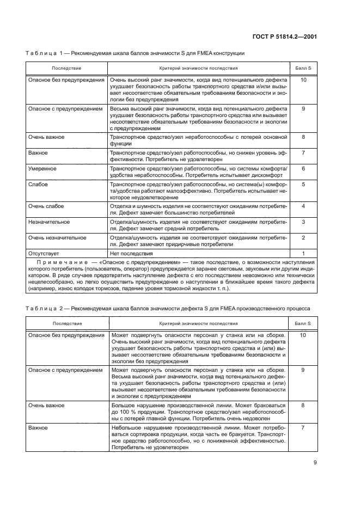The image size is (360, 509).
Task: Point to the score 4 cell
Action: pos(303,206)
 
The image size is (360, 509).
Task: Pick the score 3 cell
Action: pos(303,222)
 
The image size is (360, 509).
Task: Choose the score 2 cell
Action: pos(303,238)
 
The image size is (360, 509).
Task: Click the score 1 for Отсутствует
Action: pos(303,253)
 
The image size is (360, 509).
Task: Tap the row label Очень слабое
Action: pos(46,206)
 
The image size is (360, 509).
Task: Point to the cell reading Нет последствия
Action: pos(131,253)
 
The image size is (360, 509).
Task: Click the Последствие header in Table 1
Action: pos(66,69)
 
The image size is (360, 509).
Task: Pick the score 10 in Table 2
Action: pos(303,335)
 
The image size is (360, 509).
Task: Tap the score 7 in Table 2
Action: pos(303,428)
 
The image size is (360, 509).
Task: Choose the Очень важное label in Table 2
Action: pos(46,406)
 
